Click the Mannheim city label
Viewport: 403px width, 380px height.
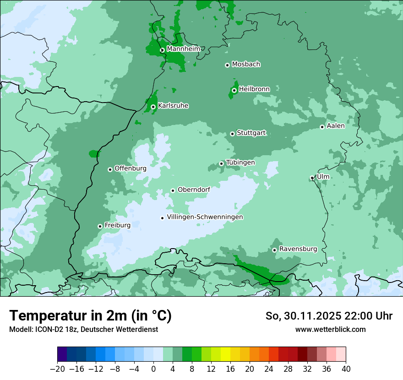pyautogui.click(x=183, y=49)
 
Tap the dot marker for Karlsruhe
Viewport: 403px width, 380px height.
pyautogui.click(x=153, y=107)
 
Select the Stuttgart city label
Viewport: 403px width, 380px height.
pyautogui.click(x=251, y=133)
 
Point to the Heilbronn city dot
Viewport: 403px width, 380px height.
pyautogui.click(x=234, y=90)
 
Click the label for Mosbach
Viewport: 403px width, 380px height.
pyautogui.click(x=246, y=65)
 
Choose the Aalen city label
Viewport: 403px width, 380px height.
pyautogui.click(x=335, y=126)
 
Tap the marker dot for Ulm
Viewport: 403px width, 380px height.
pyautogui.click(x=312, y=178)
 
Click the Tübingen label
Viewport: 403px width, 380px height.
pyautogui.click(x=240, y=163)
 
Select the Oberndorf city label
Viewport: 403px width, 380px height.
pyautogui.click(x=194, y=190)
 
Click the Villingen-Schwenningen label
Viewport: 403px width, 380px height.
pyautogui.click(x=205, y=217)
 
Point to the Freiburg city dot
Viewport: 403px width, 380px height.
pyautogui.click(x=100, y=226)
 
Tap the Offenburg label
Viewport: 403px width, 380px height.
pyautogui.click(x=131, y=168)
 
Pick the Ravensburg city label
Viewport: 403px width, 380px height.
pyautogui.click(x=298, y=249)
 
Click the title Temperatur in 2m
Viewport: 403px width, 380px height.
pyautogui.click(x=90, y=315)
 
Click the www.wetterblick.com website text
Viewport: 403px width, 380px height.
pyautogui.click(x=330, y=329)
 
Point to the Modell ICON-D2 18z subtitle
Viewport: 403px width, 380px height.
pyautogui.click(x=83, y=329)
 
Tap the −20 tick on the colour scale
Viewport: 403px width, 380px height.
pyautogui.click(x=57, y=369)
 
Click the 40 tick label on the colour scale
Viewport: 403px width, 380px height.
pyautogui.click(x=346, y=369)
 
